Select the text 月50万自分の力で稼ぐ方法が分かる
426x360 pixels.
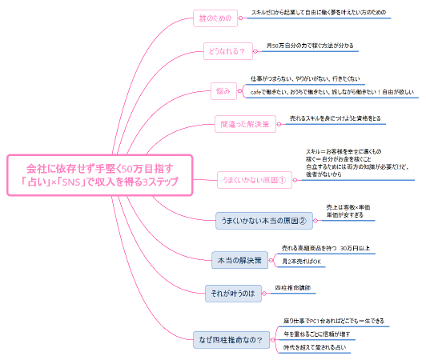pyautogui.click(x=310, y=46)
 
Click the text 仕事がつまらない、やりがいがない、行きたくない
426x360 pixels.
pyautogui.click(x=306, y=78)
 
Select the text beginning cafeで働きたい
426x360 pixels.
pyautogui.click(x=332, y=92)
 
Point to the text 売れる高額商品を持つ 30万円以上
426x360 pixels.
pyautogui.click(x=324, y=248)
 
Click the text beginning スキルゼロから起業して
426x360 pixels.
pyautogui.click(x=318, y=13)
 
